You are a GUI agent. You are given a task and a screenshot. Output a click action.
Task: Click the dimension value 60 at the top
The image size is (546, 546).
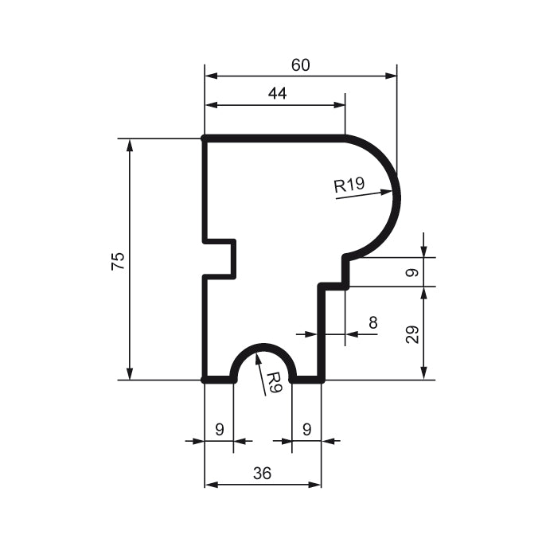click(300, 65)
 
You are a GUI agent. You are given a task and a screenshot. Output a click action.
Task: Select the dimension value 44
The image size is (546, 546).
click(277, 94)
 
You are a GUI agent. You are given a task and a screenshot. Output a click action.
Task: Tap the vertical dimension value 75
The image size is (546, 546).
click(118, 261)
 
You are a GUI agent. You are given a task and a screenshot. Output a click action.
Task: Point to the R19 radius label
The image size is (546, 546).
click(349, 186)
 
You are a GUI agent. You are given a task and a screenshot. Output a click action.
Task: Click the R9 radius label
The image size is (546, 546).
click(273, 383)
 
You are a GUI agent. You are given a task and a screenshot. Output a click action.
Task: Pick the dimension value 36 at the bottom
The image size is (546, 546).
click(262, 473)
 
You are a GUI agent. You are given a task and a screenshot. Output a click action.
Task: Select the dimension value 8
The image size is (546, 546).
click(373, 322)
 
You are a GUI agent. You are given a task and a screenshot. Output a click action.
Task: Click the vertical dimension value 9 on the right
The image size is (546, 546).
click(411, 272)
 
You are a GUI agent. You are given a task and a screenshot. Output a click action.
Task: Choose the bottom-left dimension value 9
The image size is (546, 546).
click(219, 429)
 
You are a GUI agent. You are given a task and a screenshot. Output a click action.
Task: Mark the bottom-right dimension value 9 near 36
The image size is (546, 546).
click(306, 429)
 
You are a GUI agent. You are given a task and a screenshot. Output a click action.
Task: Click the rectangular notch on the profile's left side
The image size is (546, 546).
click(220, 259)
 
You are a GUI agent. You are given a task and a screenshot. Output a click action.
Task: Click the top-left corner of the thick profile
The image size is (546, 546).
click(205, 138)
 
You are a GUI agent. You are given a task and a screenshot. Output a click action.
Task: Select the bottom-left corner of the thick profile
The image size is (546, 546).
click(205, 380)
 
